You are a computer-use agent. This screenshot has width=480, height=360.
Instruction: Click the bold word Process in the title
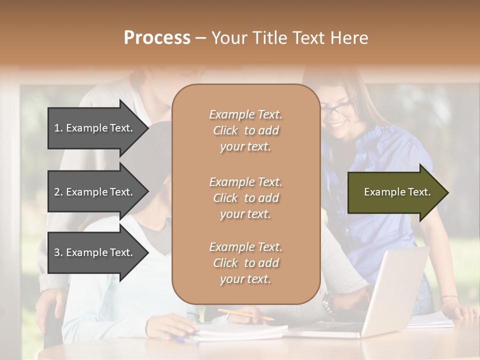[x=157, y=37]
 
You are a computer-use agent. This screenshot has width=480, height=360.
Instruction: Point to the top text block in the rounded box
[x=245, y=130]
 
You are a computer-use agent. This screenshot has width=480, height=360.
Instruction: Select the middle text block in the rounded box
[x=245, y=198]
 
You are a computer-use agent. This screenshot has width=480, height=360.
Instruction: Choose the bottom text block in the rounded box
[x=245, y=263]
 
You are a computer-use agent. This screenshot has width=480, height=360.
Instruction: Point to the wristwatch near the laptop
[x=328, y=300]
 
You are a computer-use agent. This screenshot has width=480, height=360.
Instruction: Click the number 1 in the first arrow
[x=57, y=128]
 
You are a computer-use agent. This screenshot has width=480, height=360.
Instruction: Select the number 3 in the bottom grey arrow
[x=57, y=252]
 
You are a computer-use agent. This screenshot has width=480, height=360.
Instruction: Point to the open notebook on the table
[x=240, y=331]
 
